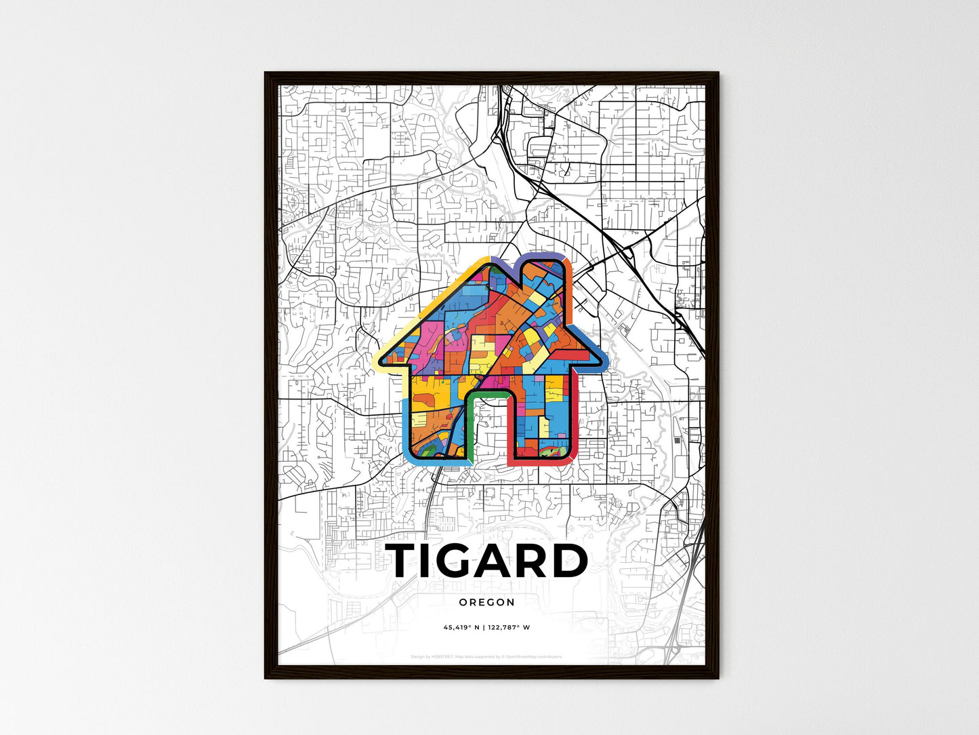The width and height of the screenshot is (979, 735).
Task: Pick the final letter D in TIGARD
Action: tap(570, 561)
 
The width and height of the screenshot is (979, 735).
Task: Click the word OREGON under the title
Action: tap(486, 602)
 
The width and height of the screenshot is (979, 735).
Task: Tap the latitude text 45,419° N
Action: tap(461, 627)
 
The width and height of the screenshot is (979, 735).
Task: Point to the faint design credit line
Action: tap(486, 656)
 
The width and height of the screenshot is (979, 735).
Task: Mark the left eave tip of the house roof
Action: tap(379, 360)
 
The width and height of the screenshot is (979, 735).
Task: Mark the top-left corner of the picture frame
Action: tap(266, 73)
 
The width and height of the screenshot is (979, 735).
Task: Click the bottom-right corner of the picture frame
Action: tap(717, 677)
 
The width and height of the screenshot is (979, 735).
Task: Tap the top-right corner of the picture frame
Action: tap(717, 73)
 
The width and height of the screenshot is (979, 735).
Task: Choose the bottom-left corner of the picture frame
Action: tap(266, 677)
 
